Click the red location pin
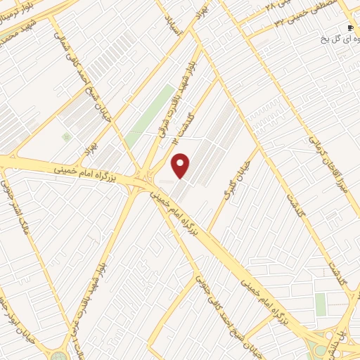(x=181, y=165)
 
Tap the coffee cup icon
(x=350, y=27)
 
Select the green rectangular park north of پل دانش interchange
(x=321, y=304)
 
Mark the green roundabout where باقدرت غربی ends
(x=58, y=356)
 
